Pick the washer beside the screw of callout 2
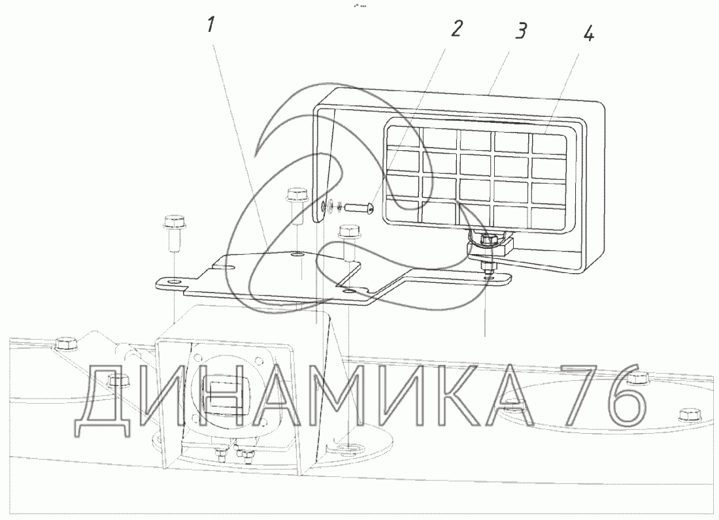[x=335, y=206]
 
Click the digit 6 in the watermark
[x=612, y=404]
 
